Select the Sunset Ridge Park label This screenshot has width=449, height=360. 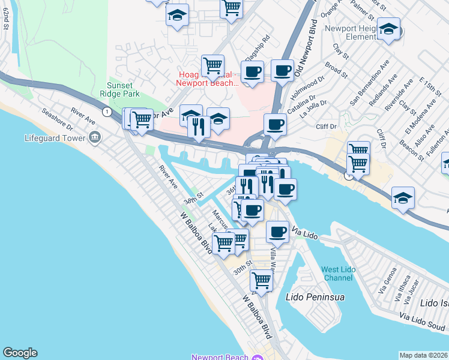pos(123,89)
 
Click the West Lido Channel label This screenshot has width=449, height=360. pos(338,274)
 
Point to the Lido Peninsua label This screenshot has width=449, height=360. pos(309,296)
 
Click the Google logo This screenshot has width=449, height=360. pos(20,353)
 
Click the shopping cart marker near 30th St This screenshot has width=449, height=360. pos(261,279)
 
